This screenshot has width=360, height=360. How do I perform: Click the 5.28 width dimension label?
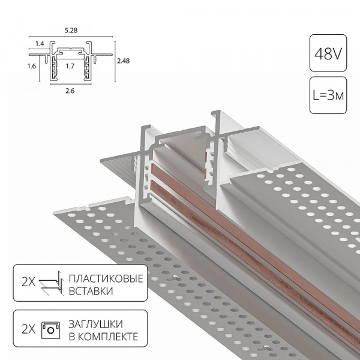pos(71,31)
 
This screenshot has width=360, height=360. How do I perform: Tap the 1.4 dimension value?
pos(40,44)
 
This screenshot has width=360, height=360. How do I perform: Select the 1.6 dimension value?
pos(32,66)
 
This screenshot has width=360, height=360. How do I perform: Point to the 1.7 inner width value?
pos(70,66)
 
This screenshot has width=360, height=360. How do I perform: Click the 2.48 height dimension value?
pos(123,61)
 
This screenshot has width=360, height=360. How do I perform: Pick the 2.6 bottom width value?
pos(70,91)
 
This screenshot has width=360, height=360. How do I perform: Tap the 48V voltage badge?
pos(328,53)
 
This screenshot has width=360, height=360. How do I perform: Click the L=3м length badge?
pos(328,95)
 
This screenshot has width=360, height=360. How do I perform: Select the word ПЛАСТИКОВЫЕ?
pos(106,279)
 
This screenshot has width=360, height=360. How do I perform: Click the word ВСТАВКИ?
pos(91,291)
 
